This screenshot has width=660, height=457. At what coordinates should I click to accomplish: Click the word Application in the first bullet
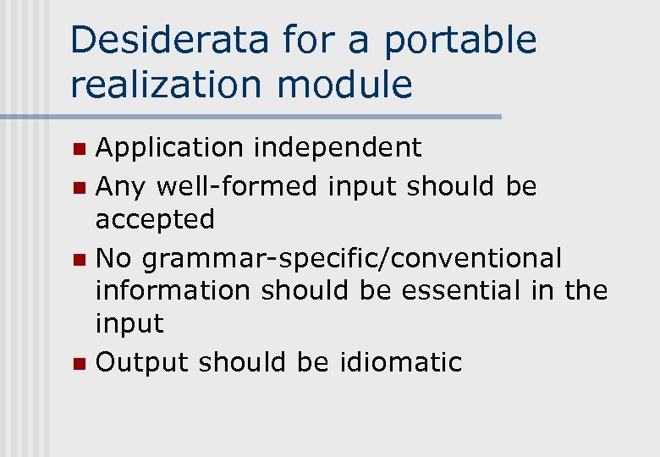pyautogui.click(x=169, y=148)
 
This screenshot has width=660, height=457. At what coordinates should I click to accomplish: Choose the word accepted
pyautogui.click(x=155, y=220)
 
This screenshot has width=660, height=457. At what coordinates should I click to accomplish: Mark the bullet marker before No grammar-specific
pyautogui.click(x=78, y=258)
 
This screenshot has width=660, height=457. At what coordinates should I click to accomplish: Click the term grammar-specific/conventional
pyautogui.click(x=351, y=257)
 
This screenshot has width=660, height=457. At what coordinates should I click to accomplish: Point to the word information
pyautogui.click(x=173, y=290)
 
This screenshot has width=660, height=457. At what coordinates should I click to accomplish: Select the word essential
pyautogui.click(x=457, y=290)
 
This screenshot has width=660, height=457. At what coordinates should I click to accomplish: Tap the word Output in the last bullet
pyautogui.click(x=141, y=362)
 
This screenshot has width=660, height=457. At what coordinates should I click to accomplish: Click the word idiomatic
pyautogui.click(x=400, y=362)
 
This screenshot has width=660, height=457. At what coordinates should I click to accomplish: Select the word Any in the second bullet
pyautogui.click(x=118, y=185)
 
